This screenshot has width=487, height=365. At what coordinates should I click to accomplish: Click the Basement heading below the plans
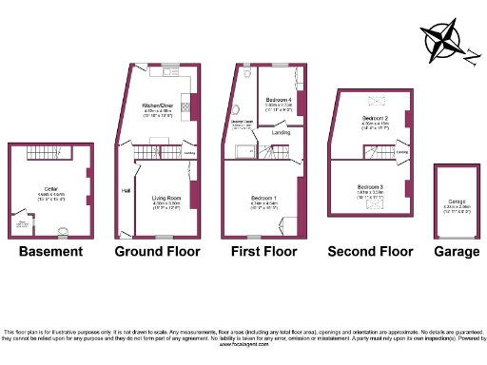point(50,252)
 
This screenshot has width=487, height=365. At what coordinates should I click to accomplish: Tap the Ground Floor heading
point(157,252)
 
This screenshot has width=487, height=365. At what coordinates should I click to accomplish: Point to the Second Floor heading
point(370,252)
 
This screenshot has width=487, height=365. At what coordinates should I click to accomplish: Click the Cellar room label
point(51,189)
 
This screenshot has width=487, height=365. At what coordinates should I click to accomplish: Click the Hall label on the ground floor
point(126,190)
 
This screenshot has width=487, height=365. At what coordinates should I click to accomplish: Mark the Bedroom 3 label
point(371,186)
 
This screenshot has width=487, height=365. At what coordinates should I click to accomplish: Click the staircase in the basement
point(43,153)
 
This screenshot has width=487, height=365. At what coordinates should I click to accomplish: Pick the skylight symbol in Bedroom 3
point(369,204)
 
